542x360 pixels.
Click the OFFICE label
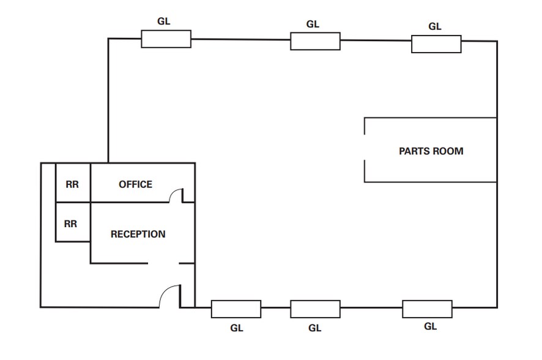coord(135,184)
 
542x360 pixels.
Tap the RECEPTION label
coord(138,234)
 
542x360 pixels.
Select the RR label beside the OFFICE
coord(72,184)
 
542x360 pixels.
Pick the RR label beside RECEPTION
coord(71,224)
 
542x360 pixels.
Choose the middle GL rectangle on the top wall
coord(315,41)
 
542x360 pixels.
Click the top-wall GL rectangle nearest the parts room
coord(436,44)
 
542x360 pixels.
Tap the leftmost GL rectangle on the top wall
coord(166,39)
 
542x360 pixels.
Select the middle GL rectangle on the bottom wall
coord(315,309)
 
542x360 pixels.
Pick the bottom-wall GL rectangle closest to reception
coord(236,309)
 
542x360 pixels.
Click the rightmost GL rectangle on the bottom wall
coord(427,309)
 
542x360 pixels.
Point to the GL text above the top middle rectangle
coord(313,24)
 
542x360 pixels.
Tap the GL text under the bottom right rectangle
coord(431,326)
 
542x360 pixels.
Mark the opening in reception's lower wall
coord(163,263)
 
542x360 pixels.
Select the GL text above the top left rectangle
coord(164,21)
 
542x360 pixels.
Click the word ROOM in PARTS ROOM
coord(449,151)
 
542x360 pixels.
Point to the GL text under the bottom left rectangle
coord(237,328)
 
